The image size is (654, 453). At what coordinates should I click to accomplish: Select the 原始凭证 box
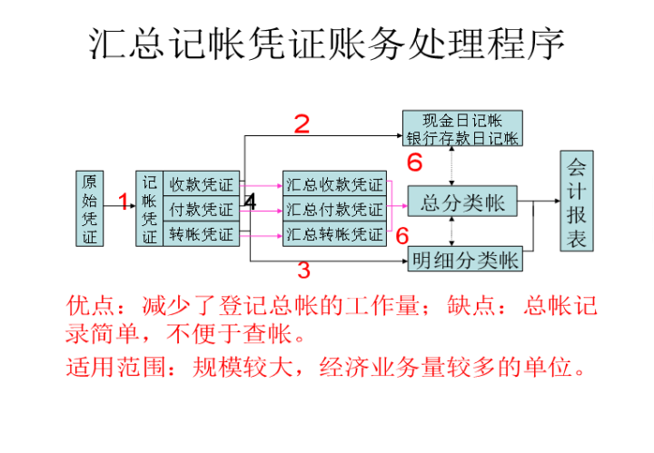click(89, 209)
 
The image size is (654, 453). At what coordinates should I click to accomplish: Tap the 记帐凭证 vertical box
click(149, 209)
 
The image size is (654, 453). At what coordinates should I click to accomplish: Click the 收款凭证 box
click(202, 183)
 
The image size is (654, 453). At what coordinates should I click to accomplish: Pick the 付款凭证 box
click(202, 209)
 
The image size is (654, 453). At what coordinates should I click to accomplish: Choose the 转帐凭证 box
click(202, 234)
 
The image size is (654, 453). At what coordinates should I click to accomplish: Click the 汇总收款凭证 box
click(334, 183)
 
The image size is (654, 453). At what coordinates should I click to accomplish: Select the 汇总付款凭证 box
click(334, 209)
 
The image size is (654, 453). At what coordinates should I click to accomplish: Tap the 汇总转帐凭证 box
click(334, 234)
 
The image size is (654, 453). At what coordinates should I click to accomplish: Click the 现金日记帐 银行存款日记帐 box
click(463, 129)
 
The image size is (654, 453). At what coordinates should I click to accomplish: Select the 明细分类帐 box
click(465, 261)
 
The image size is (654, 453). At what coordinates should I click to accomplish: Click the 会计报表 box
click(577, 202)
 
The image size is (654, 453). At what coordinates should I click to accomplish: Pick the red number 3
click(303, 270)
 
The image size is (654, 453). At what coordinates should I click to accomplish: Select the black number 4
click(250, 201)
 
